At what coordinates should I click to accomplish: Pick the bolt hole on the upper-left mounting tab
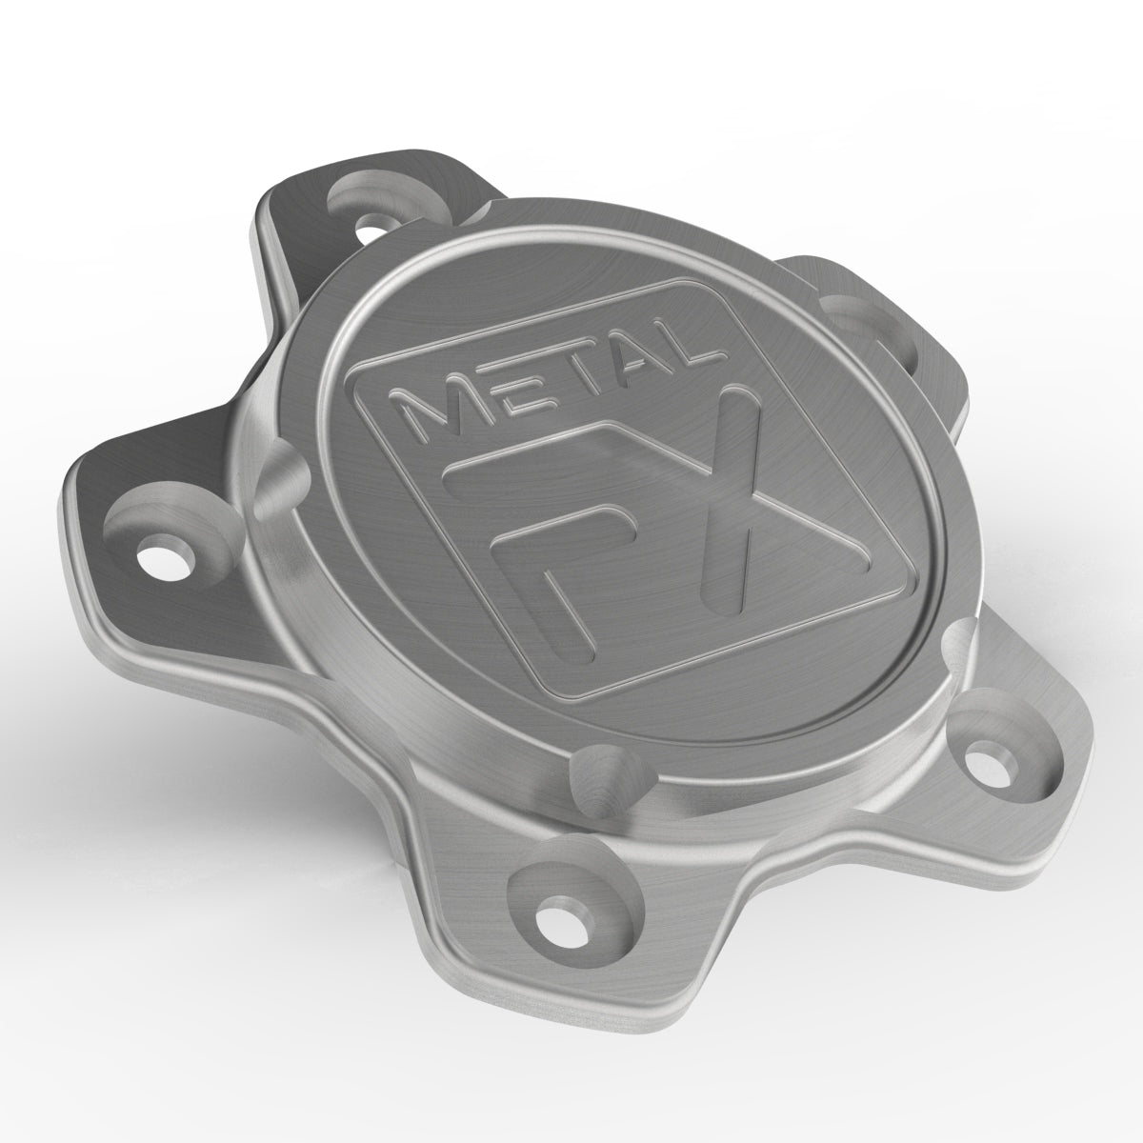click(367, 227)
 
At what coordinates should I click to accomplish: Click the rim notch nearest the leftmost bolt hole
click(276, 471)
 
